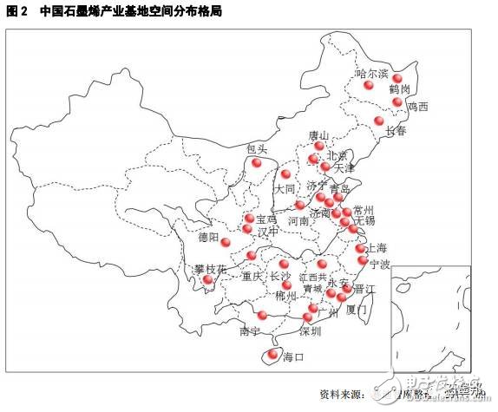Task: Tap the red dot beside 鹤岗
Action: tap(398, 77)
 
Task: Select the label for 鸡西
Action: tap(418, 108)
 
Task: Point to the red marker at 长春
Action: tap(378, 121)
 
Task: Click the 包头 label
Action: tap(257, 148)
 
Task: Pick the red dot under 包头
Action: tap(256, 161)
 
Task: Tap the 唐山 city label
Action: tap(319, 136)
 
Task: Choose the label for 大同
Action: tap(285, 188)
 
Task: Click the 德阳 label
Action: tap(209, 236)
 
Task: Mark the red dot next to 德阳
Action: tap(226, 242)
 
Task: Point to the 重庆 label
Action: tap(252, 277)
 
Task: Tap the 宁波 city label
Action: tap(380, 263)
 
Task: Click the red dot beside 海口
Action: tap(277, 353)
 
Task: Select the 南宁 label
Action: tap(249, 331)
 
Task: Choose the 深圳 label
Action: tap(310, 331)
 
